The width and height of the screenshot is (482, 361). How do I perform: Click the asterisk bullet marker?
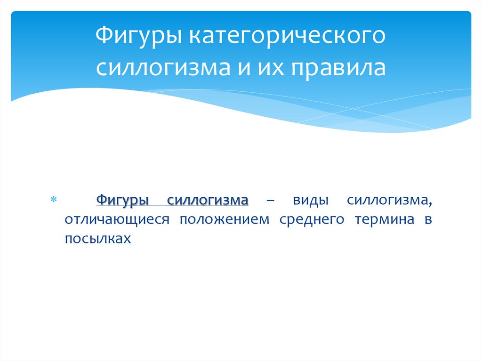53,201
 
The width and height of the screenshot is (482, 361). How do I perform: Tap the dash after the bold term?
271,201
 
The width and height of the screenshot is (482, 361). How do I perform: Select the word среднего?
310,220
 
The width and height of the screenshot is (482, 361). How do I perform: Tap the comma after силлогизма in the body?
430,204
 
